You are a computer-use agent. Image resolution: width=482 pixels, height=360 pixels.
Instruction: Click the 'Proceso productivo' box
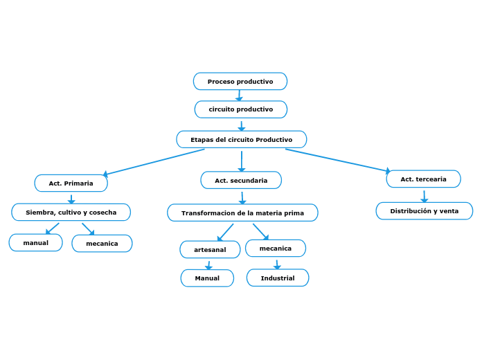tap(240, 82)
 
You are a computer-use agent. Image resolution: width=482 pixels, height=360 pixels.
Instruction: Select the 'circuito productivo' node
tap(240, 109)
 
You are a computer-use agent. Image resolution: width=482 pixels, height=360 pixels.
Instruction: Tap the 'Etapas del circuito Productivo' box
tap(241, 140)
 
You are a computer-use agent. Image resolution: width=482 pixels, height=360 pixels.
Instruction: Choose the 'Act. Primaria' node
tap(71, 183)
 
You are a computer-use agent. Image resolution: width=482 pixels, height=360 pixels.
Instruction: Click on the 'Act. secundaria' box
tap(241, 181)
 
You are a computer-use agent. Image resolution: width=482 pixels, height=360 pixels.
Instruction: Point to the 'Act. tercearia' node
tap(423, 179)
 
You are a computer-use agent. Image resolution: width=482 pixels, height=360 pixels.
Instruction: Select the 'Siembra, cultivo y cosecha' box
tap(71, 213)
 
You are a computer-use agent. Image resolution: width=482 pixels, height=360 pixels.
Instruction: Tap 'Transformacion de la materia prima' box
tap(242, 213)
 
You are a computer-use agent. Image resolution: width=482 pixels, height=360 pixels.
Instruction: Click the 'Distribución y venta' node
tap(424, 211)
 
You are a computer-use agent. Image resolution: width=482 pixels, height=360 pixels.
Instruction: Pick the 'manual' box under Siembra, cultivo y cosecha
tap(35, 243)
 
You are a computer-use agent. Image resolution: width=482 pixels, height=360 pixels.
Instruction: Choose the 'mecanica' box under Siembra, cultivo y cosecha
tap(102, 244)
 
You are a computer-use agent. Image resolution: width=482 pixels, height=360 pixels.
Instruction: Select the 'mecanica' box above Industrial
tap(275, 249)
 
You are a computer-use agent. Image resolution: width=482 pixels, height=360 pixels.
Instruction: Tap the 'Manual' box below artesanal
tap(207, 278)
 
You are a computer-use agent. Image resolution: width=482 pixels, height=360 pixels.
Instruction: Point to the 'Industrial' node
tap(278, 278)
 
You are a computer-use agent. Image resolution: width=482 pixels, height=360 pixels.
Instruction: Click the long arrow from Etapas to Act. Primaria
tap(154, 162)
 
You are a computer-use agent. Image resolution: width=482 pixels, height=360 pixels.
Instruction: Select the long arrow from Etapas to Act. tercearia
tap(338, 160)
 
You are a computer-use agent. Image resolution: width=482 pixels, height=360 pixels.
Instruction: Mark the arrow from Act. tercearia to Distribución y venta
tap(424, 196)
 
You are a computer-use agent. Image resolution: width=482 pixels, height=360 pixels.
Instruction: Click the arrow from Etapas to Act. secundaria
tap(241, 161)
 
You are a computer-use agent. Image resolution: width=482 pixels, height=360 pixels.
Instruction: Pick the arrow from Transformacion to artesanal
tap(225, 233)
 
